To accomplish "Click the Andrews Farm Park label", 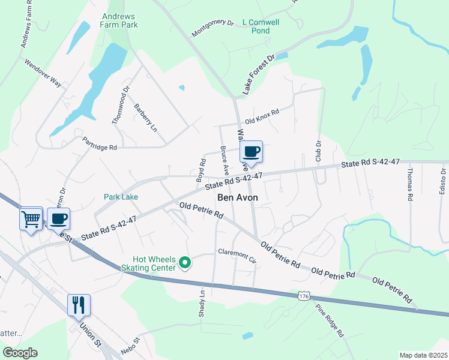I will pyautogui.click(x=120, y=20).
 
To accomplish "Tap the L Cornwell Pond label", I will pyautogui.click(x=261, y=26).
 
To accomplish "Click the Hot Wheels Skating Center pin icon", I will pyautogui.click(x=185, y=262).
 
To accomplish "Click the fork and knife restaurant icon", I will pyautogui.click(x=79, y=305).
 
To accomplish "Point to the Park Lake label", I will pyautogui.click(x=121, y=197).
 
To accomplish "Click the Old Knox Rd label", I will pyautogui.click(x=262, y=115).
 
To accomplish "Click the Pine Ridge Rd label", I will pyautogui.click(x=331, y=321).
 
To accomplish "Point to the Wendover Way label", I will pyautogui.click(x=43, y=73).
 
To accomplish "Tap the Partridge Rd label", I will pyautogui.click(x=100, y=142).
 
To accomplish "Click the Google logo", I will pyautogui.click(x=20, y=353).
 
